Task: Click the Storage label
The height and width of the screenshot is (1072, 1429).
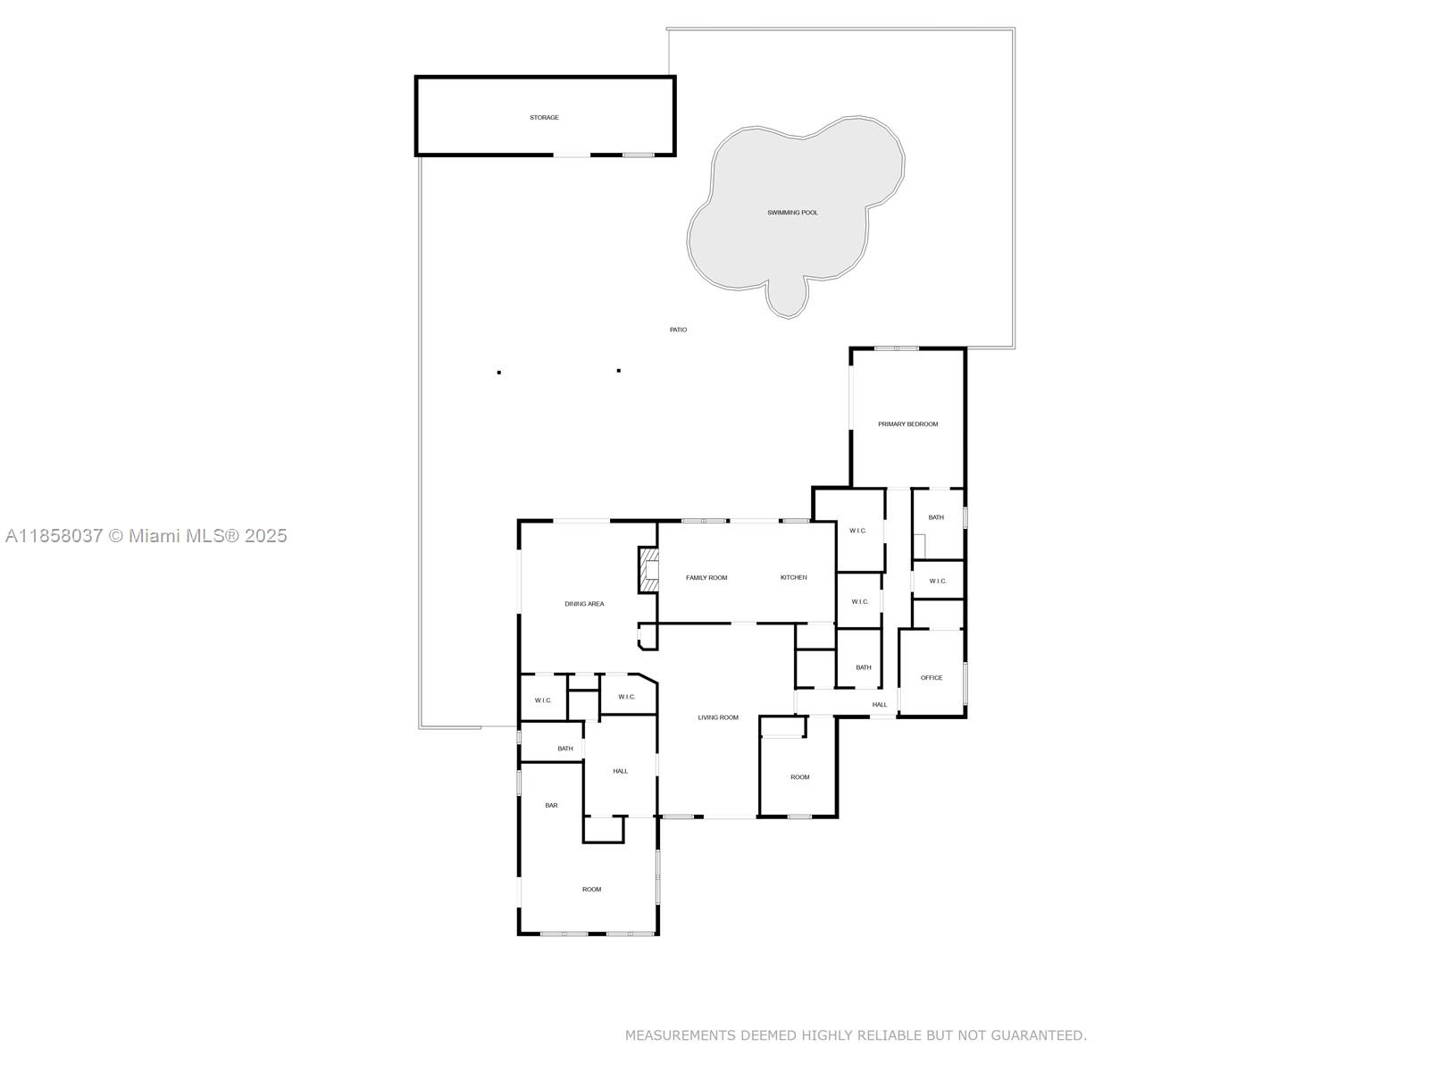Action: [x=544, y=118]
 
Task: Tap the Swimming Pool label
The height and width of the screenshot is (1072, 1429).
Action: [x=792, y=213]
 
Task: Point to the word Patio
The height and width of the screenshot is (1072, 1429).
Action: [x=678, y=330]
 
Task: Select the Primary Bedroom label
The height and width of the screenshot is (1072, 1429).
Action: [x=907, y=424]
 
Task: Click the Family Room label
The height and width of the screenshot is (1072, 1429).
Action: [x=706, y=578]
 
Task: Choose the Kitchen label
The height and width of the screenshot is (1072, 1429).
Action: [x=793, y=578]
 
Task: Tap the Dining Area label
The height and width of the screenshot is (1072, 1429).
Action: [x=584, y=604]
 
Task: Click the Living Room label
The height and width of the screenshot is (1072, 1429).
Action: [x=718, y=717]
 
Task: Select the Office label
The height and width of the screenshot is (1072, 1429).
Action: [x=932, y=678]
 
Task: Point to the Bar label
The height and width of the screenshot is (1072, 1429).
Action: [x=551, y=806]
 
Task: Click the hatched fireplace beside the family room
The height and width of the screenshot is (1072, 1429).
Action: [x=648, y=569]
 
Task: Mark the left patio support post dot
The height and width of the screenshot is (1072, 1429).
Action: [x=499, y=373]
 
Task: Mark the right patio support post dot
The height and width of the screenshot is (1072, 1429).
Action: [x=619, y=371]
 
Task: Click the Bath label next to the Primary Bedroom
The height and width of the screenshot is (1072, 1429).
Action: [x=935, y=517]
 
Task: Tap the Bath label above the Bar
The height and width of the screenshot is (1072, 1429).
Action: [x=565, y=749]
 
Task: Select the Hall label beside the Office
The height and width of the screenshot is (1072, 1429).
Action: [x=880, y=705]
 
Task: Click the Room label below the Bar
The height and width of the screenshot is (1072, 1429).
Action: [x=591, y=890]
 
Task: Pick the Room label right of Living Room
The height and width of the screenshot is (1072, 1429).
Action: [x=799, y=777]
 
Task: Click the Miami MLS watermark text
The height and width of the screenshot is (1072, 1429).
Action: [x=146, y=536]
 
